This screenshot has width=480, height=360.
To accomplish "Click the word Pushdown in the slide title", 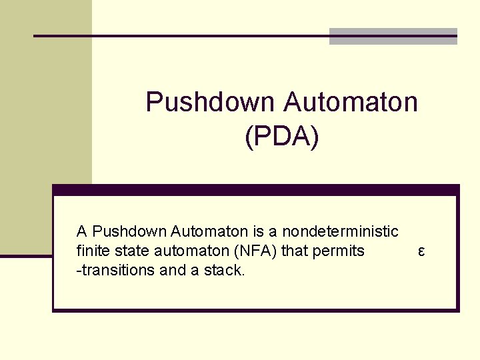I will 209,103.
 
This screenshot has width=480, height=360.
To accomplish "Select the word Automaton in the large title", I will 351,103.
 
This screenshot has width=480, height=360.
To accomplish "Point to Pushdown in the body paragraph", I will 129,232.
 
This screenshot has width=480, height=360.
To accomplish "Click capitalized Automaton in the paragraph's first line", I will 209,232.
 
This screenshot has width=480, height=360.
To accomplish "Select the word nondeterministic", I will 340,232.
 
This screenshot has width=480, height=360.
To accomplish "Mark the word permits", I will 341,251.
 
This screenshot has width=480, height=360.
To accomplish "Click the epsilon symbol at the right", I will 421,251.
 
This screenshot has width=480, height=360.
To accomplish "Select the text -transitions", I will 114,270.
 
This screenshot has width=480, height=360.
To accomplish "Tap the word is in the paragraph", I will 257,232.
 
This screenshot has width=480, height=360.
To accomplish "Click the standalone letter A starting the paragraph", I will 82,232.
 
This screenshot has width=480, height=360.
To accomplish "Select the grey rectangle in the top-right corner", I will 393,37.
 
